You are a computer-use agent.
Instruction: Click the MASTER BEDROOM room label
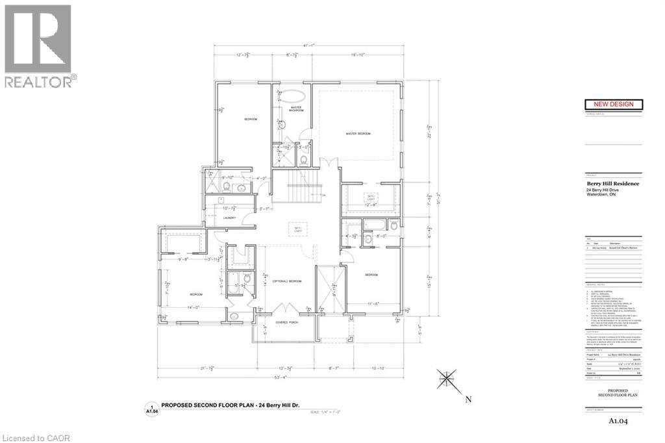358,134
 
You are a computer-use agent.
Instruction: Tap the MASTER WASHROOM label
297,108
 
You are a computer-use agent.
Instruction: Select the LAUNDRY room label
228,218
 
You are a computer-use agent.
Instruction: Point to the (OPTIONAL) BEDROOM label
286,281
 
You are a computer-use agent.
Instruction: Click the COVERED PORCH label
286,322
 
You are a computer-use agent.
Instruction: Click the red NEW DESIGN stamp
614,104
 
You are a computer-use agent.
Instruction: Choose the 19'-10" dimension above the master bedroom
357,55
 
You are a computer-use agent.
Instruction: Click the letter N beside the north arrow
468,399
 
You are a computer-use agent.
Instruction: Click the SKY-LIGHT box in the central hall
299,230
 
